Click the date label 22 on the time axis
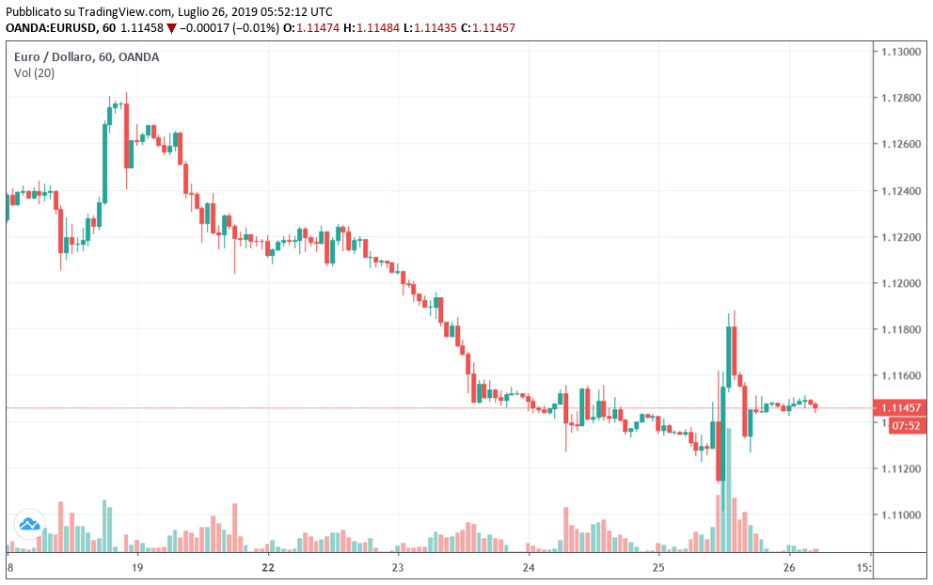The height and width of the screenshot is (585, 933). coord(268,568)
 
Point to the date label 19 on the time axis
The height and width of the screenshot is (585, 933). coord(137,568)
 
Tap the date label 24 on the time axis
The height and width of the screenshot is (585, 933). coord(529,568)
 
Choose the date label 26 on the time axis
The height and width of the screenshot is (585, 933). coord(789,568)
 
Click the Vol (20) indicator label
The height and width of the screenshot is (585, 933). coord(34,73)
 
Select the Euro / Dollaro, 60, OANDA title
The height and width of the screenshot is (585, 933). coord(87,57)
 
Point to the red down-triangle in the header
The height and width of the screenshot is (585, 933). coord(170,28)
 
